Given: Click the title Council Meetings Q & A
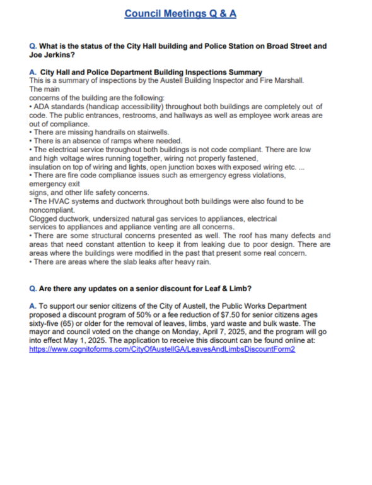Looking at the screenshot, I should click(x=180, y=13).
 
